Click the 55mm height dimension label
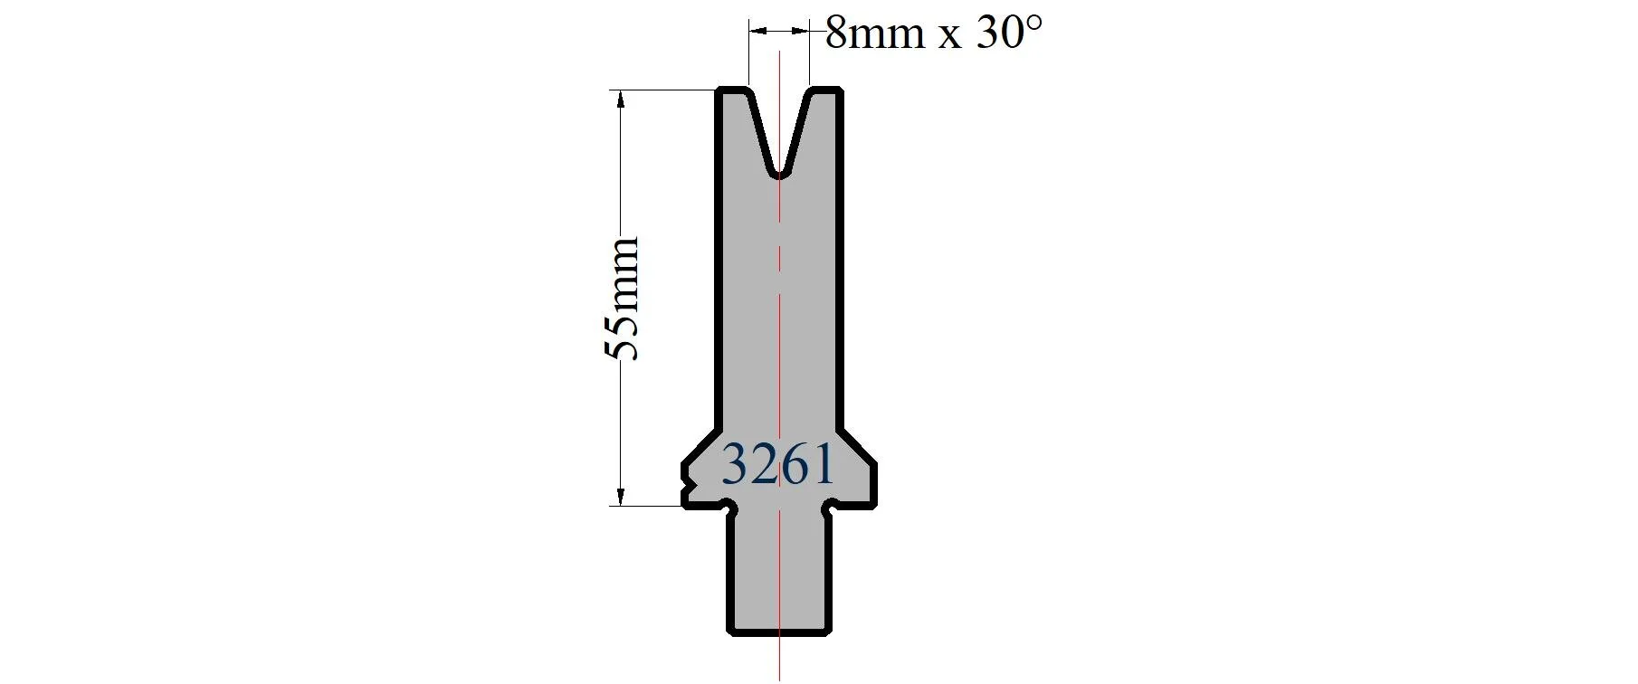[x=622, y=299]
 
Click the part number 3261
[x=777, y=465]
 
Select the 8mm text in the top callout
[x=875, y=34]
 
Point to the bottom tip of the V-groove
[x=779, y=174]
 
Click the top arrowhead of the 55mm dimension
[x=621, y=99]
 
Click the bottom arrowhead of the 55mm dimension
[x=621, y=497]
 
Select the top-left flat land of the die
[x=734, y=89]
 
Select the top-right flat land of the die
[x=825, y=89]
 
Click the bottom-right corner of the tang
[x=827, y=632]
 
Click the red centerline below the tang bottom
[x=779, y=659]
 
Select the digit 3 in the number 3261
[x=735, y=465]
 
